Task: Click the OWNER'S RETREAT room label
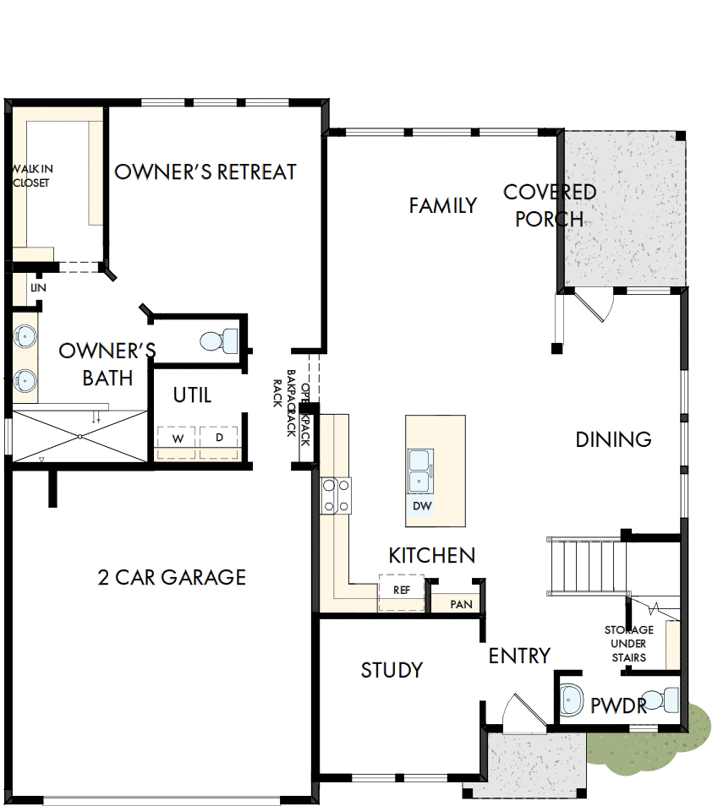206,172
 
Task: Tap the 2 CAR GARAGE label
172,577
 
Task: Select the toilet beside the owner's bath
217,341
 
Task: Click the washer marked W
178,438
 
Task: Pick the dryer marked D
219,438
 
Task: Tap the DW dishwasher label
422,506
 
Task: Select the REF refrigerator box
401,590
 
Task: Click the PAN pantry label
461,604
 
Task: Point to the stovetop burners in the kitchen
336,496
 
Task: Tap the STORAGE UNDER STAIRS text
628,643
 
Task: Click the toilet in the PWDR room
669,700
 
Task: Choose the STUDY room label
392,670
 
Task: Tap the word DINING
613,439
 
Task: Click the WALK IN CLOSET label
31,176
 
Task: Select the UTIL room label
192,395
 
